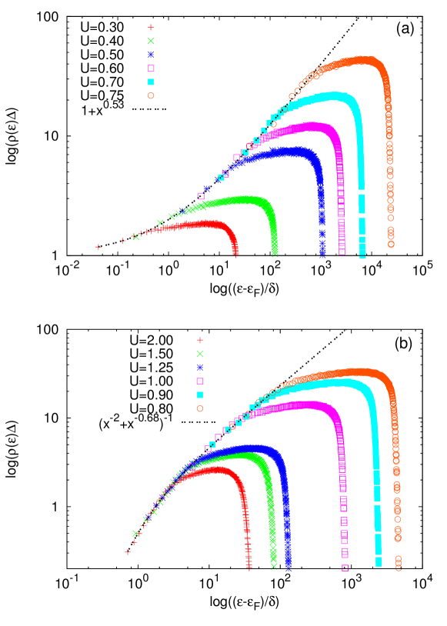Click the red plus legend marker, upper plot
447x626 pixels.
pos(151,28)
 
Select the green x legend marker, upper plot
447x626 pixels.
pos(151,41)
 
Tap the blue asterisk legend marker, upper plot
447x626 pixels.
pos(151,55)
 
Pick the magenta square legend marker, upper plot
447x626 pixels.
pos(151,68)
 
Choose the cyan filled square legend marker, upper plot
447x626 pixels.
pos(151,82)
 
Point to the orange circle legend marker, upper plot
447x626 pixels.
pos(151,95)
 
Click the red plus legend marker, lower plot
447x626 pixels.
pos(200,340)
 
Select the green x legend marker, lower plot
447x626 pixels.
pos(200,354)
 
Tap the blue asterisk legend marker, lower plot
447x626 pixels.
pos(200,368)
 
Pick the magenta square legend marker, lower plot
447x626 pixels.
pos(200,381)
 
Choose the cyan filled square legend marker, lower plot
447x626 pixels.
pos(200,395)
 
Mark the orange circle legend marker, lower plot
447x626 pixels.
pos(200,408)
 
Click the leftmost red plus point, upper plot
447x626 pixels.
pos(98,247)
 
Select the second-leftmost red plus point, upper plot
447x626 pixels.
pos(123,241)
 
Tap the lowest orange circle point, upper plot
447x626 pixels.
pos(391,245)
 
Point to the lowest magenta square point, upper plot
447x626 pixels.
pos(342,251)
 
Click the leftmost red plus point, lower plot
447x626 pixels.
pos(128,551)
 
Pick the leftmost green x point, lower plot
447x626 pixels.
pos(135,533)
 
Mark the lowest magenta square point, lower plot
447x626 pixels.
pos(345,568)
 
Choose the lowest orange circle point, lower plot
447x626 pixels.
pos(399,568)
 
